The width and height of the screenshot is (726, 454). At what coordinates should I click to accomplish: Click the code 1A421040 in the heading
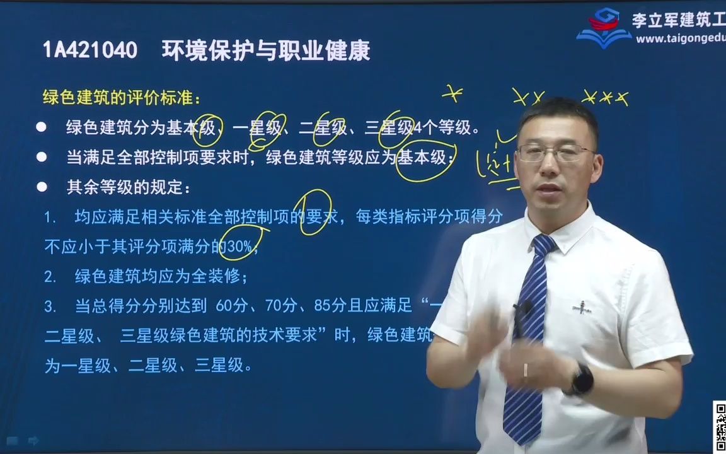click(89, 50)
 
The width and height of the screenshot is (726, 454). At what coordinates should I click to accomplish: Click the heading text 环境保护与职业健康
click(265, 50)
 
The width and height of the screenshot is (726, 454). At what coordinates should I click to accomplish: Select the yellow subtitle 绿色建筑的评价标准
click(122, 98)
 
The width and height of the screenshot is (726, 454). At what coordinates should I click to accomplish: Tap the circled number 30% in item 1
click(239, 247)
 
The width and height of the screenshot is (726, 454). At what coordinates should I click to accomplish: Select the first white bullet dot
click(42, 127)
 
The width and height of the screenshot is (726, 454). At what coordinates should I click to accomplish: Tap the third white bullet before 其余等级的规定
click(42, 187)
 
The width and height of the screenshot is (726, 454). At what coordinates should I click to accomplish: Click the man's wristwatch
click(581, 380)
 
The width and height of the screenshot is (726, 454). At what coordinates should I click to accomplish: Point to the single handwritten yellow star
click(452, 94)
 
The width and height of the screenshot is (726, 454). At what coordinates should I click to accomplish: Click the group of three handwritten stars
click(605, 98)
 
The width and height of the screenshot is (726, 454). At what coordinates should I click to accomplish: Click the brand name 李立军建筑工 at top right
click(678, 20)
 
